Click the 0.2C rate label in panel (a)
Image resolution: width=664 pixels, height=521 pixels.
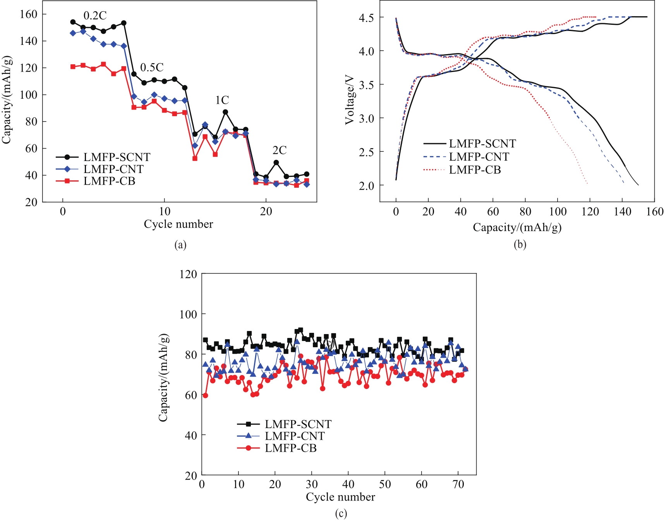point(95,15)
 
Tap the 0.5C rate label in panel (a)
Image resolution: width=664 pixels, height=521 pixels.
point(152,67)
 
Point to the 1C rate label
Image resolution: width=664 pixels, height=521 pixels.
point(222,100)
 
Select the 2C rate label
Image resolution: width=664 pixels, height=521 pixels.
point(279,150)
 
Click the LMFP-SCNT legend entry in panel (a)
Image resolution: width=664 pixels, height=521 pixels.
point(117,157)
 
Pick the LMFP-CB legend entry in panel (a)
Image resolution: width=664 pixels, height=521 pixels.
point(109,181)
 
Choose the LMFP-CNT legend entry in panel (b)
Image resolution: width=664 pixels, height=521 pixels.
point(479,157)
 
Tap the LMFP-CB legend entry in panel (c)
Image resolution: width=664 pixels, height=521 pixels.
point(290,448)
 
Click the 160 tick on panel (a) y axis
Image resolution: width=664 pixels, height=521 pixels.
point(28,14)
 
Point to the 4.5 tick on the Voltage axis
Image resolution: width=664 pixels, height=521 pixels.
point(366,18)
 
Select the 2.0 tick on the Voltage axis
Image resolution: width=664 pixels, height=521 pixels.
point(366,186)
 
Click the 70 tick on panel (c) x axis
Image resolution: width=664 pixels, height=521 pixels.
point(458,484)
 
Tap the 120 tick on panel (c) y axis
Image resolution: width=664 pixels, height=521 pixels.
point(188,274)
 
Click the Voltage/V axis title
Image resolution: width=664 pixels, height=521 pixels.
point(350,100)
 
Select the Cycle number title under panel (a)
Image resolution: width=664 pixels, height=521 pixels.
point(178,224)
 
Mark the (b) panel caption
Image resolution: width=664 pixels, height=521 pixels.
point(520,245)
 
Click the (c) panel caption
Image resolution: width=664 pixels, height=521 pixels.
point(341,514)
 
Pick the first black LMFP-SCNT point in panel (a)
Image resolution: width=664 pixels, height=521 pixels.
point(73,22)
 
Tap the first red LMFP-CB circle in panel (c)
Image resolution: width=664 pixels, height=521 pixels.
point(205,396)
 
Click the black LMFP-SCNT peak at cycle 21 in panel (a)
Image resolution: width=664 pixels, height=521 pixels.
point(276,163)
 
